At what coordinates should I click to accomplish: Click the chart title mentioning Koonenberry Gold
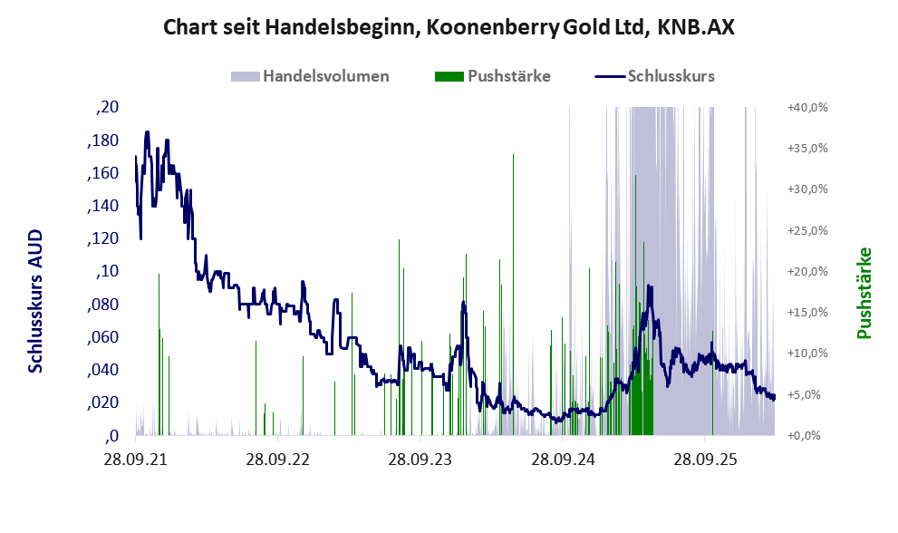tap(449, 27)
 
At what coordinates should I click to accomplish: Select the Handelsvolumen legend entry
tap(310, 76)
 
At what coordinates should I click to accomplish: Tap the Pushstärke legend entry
tap(493, 76)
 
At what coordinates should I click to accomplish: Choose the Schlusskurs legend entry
tap(654, 76)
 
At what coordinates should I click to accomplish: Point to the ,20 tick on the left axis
tap(108, 107)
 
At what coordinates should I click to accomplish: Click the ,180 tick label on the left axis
tap(103, 141)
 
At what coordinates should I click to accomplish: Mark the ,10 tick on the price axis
tap(108, 271)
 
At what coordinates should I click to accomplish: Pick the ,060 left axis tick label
tap(103, 337)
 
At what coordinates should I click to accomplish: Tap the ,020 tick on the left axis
tap(103, 402)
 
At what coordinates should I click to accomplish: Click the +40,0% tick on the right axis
tap(807, 107)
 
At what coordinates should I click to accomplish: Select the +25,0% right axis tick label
tap(807, 230)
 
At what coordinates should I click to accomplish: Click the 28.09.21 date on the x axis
tap(136, 459)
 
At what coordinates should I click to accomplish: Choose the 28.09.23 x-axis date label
tap(420, 459)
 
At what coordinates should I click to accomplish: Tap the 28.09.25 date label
tap(704, 459)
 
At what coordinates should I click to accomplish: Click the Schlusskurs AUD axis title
tap(35, 301)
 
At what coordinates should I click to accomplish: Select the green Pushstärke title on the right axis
tap(864, 293)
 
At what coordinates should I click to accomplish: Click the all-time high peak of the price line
tap(147, 131)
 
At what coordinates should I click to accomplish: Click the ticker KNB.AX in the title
tap(696, 27)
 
